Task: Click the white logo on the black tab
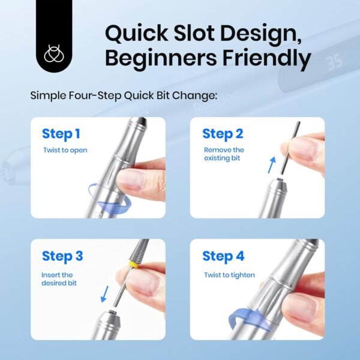point(54,53)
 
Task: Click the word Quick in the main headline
point(136,34)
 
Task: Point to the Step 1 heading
point(61,134)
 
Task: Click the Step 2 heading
point(223,134)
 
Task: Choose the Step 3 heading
point(62,256)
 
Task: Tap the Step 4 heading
point(223,256)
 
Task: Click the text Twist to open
point(65,150)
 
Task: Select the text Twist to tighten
point(229,275)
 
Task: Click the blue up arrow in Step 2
point(272,165)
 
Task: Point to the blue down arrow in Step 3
point(105,294)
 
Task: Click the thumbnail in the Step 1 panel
point(131,180)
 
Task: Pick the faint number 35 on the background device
point(334,62)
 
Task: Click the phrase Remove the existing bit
point(224,154)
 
